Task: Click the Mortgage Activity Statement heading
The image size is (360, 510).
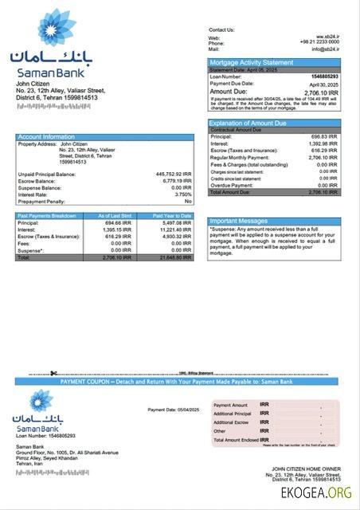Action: (x=251, y=62)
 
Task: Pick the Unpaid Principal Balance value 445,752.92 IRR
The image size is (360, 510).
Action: (x=171, y=174)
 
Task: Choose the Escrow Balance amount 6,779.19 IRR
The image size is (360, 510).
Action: (x=174, y=181)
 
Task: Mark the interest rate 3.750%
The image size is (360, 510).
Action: (x=182, y=194)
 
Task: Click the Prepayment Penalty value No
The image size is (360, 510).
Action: (x=188, y=202)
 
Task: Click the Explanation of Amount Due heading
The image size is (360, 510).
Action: (x=248, y=124)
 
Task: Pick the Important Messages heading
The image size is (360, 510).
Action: (x=239, y=221)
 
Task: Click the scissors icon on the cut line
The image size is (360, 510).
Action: (x=53, y=373)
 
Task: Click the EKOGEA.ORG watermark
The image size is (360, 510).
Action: (x=316, y=495)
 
